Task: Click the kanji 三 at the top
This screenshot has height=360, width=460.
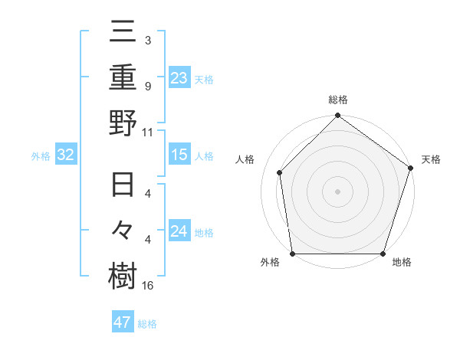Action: point(123,32)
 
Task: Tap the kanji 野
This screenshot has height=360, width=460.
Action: point(123,122)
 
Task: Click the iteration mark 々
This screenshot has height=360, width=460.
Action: point(123,231)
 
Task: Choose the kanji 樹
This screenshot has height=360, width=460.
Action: point(123,276)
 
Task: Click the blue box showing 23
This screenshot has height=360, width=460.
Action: point(179,77)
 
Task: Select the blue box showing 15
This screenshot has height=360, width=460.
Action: point(179,155)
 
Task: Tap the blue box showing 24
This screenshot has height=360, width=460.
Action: point(179,231)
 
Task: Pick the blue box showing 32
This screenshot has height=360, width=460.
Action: point(65,155)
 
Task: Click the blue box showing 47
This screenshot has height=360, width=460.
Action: point(122,322)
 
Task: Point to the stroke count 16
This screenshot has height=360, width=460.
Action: point(148,286)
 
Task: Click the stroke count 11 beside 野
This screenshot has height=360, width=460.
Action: point(148,132)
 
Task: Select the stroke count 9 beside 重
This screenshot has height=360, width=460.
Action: point(148,87)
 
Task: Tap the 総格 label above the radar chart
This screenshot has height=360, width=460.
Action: point(338,100)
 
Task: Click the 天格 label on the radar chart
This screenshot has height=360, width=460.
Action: point(431,159)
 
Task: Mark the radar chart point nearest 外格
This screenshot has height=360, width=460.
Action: point(293,254)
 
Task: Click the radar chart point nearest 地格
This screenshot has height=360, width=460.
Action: point(383,254)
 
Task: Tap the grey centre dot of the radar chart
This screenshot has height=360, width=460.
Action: point(338,191)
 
